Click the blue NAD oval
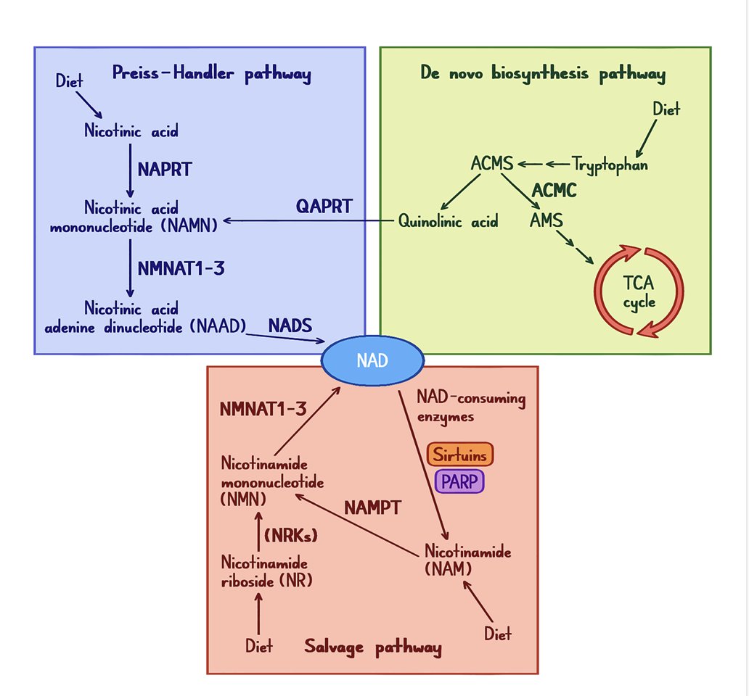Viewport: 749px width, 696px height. tap(372, 360)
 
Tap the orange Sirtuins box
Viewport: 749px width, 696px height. tap(460, 455)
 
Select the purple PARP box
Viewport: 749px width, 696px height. tap(459, 481)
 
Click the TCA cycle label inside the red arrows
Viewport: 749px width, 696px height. tap(639, 291)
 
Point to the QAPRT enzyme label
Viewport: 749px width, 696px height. tap(324, 206)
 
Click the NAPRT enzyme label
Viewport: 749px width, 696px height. tap(165, 169)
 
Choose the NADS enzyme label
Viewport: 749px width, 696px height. tap(290, 324)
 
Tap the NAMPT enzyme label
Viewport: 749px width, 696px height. tap(372, 507)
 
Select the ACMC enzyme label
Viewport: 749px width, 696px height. tap(554, 191)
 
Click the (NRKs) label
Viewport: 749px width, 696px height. tap(292, 536)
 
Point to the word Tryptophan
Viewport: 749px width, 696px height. tap(610, 165)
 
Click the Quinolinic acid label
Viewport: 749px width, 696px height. tap(449, 222)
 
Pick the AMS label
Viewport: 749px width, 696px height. tap(547, 219)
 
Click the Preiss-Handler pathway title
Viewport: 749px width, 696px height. tap(211, 74)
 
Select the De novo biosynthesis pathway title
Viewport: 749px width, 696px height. tap(543, 74)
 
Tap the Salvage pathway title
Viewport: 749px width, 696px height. tap(372, 647)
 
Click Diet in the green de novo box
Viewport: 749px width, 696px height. tap(666, 110)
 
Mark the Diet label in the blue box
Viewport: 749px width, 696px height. tap(70, 80)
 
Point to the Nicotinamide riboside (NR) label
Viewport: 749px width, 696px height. tap(265, 571)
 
